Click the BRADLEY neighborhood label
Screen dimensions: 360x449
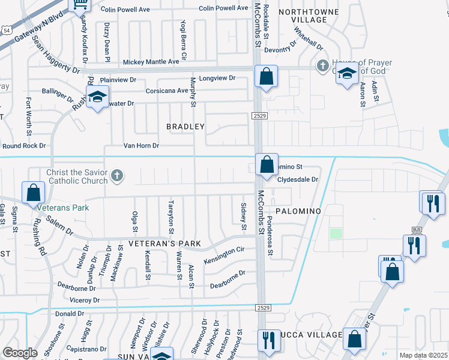pyautogui.click(x=185, y=127)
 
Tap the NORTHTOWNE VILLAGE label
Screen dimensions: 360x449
pyautogui.click(x=311, y=16)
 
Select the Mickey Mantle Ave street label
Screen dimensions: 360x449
pyautogui.click(x=151, y=62)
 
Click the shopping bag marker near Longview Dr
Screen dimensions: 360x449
pyautogui.click(x=266, y=76)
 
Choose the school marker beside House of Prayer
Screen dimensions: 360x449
pyautogui.click(x=347, y=74)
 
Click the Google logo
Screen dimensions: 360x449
pyautogui.click(x=20, y=352)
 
